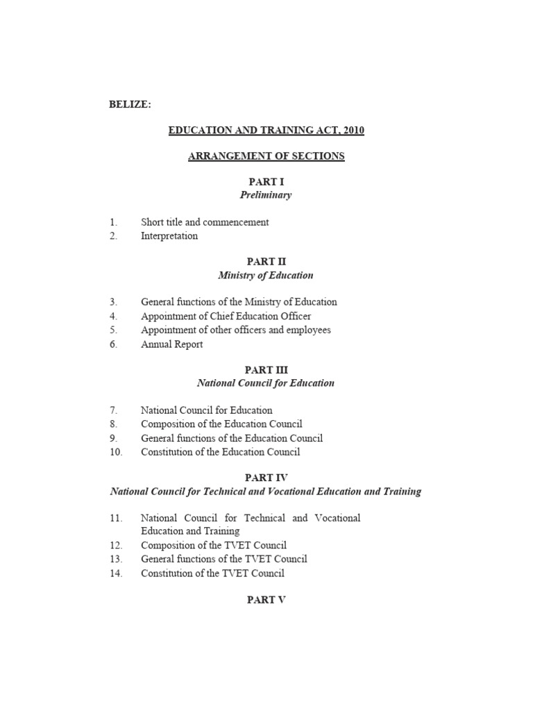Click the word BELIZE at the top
click(130, 105)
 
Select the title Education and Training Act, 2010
click(266, 130)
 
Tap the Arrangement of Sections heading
click(266, 156)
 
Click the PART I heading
click(266, 182)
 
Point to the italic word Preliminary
click(266, 195)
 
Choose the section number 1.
click(113, 222)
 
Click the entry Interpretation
click(169, 236)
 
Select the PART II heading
click(266, 262)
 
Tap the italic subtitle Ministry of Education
click(266, 276)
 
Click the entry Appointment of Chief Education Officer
click(226, 317)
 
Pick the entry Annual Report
click(172, 344)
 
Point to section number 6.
click(113, 344)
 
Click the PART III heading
click(266, 370)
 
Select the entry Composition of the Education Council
click(221, 424)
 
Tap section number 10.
click(115, 452)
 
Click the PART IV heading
click(266, 478)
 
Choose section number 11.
click(115, 518)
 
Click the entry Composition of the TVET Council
click(214, 545)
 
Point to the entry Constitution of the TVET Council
click(212, 573)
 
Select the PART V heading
click(266, 600)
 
